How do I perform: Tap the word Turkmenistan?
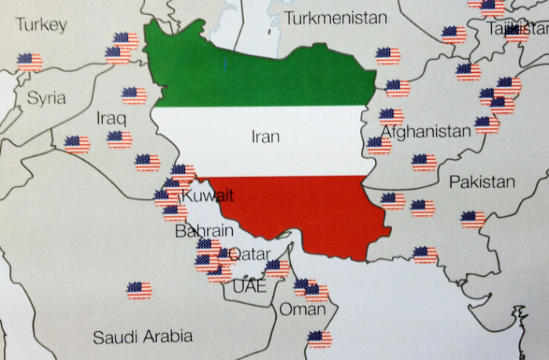click(x=336, y=17)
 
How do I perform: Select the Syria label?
click(x=46, y=99)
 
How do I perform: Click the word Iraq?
click(x=111, y=118)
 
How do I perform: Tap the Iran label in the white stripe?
click(x=265, y=136)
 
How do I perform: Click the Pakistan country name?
click(x=482, y=183)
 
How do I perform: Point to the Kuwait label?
click(x=208, y=195)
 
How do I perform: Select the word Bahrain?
click(x=204, y=231)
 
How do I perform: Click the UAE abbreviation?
click(x=249, y=286)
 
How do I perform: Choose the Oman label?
click(x=302, y=310)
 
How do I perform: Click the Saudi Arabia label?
click(x=143, y=337)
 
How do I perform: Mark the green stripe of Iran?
click(x=259, y=75)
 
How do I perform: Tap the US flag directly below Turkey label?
click(x=30, y=61)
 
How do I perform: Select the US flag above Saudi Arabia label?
click(x=139, y=290)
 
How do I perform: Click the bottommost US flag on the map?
click(x=319, y=339)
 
